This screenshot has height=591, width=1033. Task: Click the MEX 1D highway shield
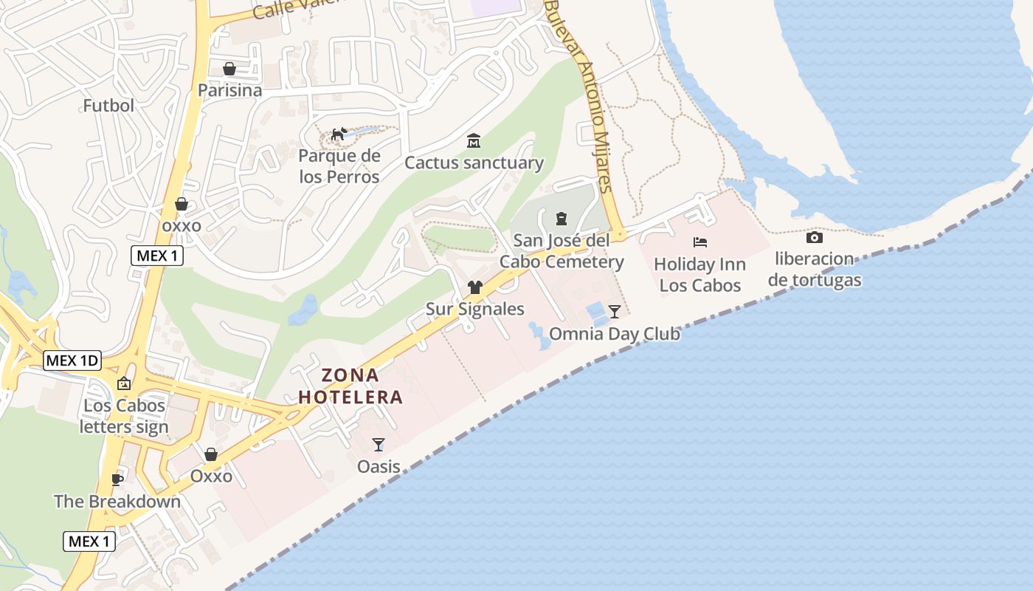pyautogui.click(x=72, y=361)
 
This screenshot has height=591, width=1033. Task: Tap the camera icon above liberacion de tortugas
pyautogui.click(x=815, y=237)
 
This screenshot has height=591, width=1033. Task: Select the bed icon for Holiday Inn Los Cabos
pyautogui.click(x=700, y=242)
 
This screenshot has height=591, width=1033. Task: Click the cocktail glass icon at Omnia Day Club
pyautogui.click(x=614, y=311)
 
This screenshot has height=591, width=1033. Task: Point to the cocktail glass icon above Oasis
pyautogui.click(x=379, y=444)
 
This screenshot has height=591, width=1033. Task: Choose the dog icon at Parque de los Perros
pyautogui.click(x=339, y=134)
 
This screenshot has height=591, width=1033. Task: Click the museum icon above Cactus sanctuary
pyautogui.click(x=474, y=140)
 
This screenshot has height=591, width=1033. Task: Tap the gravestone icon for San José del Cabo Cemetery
pyautogui.click(x=562, y=218)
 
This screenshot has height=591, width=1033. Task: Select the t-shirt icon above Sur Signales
pyautogui.click(x=474, y=287)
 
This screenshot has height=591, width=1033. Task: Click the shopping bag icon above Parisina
pyautogui.click(x=229, y=69)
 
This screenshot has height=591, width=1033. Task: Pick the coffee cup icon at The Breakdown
pyautogui.click(x=117, y=479)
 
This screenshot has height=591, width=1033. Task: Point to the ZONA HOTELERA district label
pyautogui.click(x=350, y=386)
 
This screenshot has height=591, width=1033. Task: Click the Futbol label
pyautogui.click(x=108, y=106)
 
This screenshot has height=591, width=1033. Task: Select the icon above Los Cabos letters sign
pyautogui.click(x=124, y=383)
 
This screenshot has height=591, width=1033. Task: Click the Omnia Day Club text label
pyautogui.click(x=615, y=334)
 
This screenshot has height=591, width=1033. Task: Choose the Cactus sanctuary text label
pyautogui.click(x=474, y=163)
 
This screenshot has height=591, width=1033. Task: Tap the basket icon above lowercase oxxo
pyautogui.click(x=182, y=204)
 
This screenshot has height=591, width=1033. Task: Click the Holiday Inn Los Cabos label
pyautogui.click(x=699, y=274)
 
